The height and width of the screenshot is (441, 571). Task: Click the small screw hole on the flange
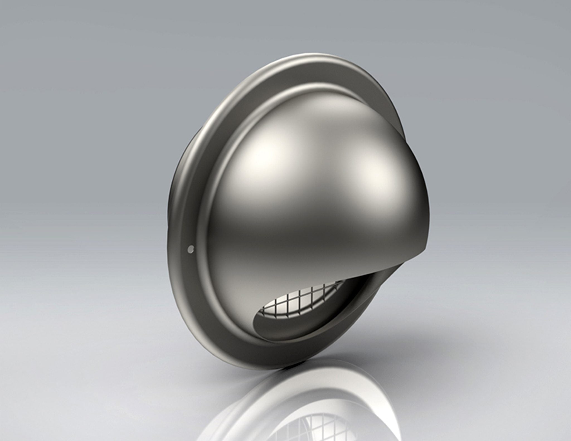pos(191,248)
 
